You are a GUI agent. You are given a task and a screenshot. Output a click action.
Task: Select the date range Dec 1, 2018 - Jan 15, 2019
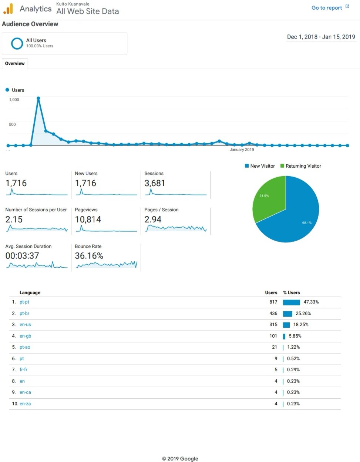click(x=321, y=37)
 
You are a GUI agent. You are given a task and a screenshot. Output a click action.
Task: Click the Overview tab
click(x=15, y=63)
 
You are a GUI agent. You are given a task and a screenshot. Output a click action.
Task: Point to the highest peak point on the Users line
click(x=38, y=98)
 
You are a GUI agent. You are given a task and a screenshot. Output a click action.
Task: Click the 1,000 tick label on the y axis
click(x=14, y=100)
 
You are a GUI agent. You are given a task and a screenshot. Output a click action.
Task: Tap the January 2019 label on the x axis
click(x=242, y=150)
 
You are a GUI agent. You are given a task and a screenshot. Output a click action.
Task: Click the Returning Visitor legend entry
click(x=301, y=166)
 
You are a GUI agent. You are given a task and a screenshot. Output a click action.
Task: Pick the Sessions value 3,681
click(x=155, y=183)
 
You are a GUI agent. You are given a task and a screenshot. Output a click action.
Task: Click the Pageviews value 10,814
click(x=88, y=220)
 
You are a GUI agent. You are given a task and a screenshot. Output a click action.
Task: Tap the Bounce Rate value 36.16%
click(x=89, y=255)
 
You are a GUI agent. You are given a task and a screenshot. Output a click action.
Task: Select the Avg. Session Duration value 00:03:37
click(x=22, y=255)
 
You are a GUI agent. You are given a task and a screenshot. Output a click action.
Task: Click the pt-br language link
click(x=24, y=313)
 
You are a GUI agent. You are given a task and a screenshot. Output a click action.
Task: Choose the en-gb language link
click(x=25, y=336)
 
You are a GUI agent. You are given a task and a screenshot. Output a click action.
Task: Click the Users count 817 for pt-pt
click(x=273, y=302)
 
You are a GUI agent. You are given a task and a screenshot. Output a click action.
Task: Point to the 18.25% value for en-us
click(x=301, y=324)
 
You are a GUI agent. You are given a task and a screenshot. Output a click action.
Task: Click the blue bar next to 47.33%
click(x=292, y=302)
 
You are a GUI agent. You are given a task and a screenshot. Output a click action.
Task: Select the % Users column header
click(x=292, y=292)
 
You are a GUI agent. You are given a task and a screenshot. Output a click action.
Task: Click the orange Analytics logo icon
click(x=8, y=9)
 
